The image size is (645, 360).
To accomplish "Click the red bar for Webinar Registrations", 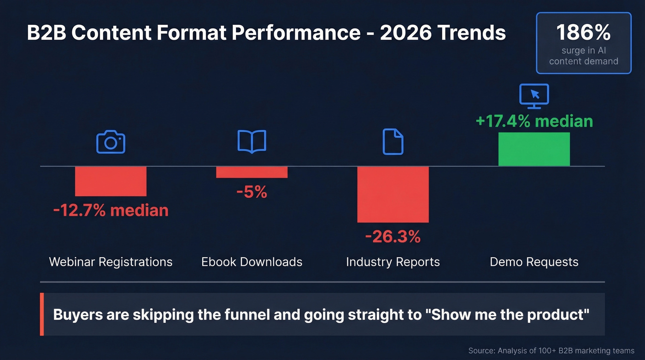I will [111, 181].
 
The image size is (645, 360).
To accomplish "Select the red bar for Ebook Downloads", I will [252, 172].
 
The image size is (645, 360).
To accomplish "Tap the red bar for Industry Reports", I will [393, 194].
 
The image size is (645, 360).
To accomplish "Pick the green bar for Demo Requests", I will [534, 149].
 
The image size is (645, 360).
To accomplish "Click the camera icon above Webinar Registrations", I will [111, 142].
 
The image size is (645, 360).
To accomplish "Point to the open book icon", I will [252, 141].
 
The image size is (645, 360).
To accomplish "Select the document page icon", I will [393, 142].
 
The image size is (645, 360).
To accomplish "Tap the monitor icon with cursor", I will [534, 96].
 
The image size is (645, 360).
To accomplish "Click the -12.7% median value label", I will [111, 210].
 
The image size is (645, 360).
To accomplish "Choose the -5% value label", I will [252, 192].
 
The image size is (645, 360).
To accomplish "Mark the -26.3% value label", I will [393, 236].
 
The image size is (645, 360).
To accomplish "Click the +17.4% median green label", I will [534, 121].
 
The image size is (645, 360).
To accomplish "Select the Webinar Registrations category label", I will [111, 262].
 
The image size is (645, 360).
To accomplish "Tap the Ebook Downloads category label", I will [252, 262].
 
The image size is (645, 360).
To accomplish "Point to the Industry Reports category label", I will [393, 262].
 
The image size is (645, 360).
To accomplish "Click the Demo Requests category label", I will [534, 262].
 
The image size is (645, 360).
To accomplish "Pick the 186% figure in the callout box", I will [583, 33].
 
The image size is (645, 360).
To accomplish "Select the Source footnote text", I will [551, 351].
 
